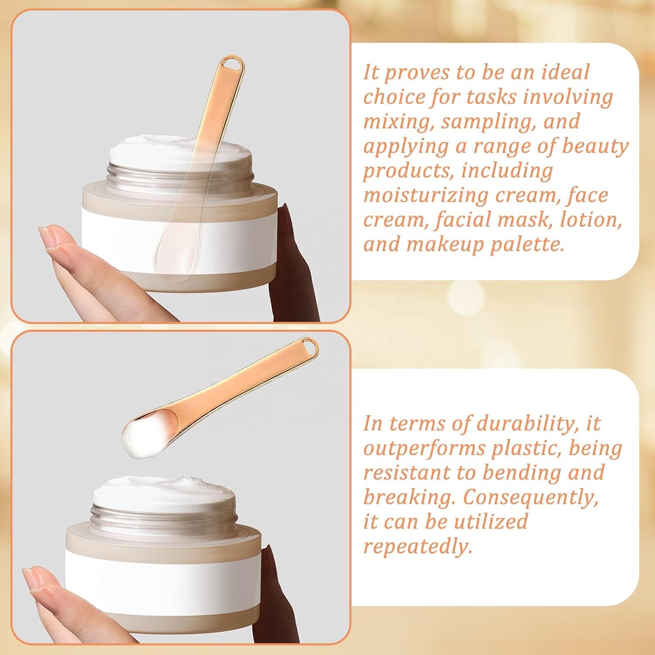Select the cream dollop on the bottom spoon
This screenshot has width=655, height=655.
(139, 435)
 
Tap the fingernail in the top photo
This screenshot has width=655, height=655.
(49, 236)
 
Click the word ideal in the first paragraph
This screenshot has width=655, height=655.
(565, 72)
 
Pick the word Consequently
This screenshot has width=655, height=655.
(531, 497)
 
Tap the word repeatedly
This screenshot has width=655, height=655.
(418, 547)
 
